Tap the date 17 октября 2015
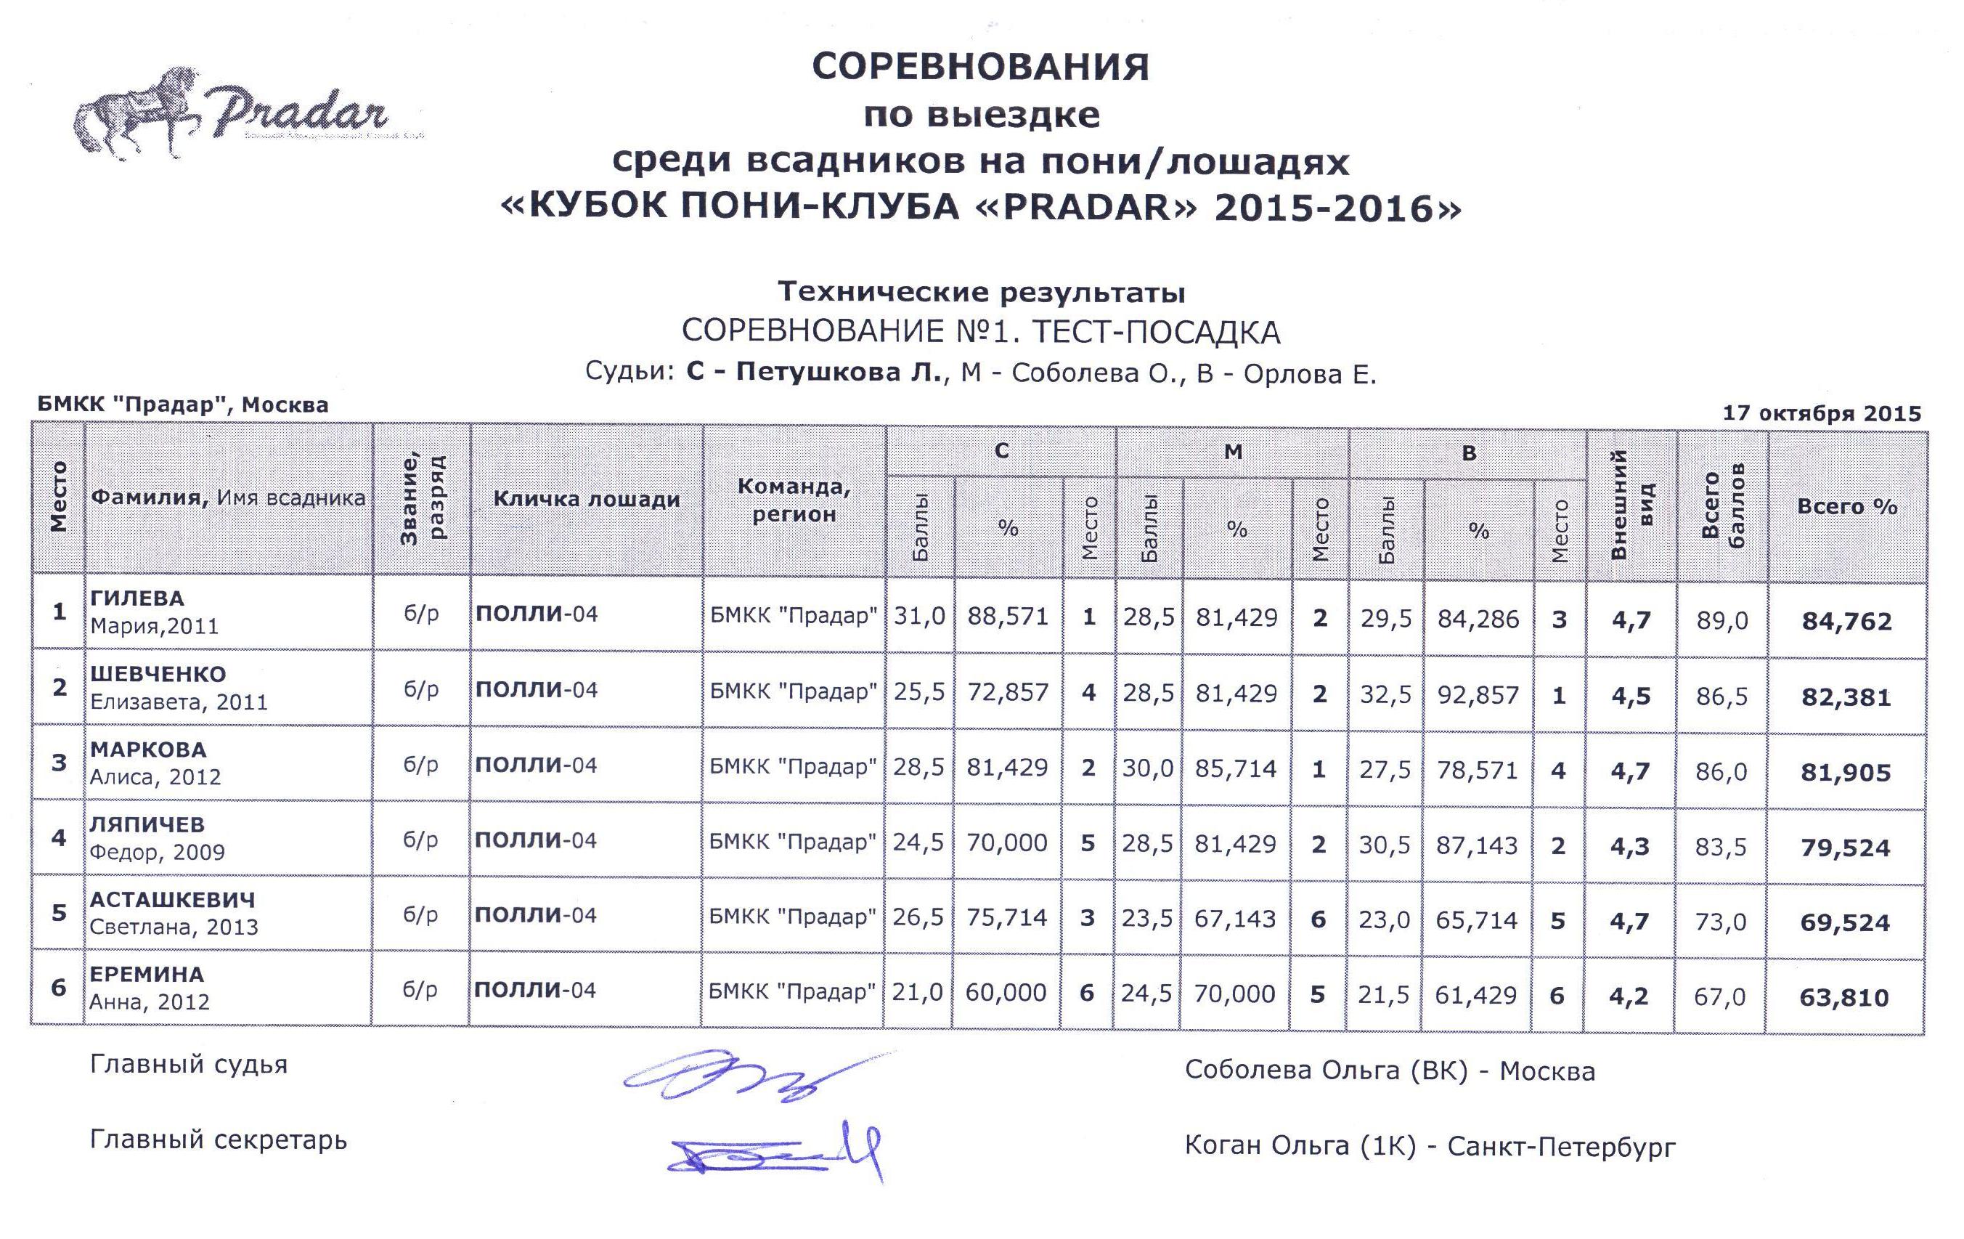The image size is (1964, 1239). click(x=1821, y=413)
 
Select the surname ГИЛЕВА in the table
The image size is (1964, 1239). click(x=137, y=598)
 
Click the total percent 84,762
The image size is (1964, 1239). click(x=1846, y=622)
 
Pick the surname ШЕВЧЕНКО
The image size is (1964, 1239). click(x=158, y=675)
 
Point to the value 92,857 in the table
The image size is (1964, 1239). click(x=1478, y=695)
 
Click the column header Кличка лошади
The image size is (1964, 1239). click(x=587, y=499)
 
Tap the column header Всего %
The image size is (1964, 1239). click(x=1846, y=506)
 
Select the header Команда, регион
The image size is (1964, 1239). click(x=794, y=500)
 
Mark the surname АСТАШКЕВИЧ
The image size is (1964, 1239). click(x=173, y=900)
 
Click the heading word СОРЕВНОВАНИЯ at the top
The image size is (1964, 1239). click(x=980, y=67)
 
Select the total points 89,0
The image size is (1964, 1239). click(x=1721, y=622)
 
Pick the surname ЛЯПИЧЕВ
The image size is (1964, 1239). click(x=147, y=824)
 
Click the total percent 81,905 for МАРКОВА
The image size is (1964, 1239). click(x=1846, y=773)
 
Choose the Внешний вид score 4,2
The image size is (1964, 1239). click(x=1629, y=996)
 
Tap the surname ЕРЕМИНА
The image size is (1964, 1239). click(x=147, y=975)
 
